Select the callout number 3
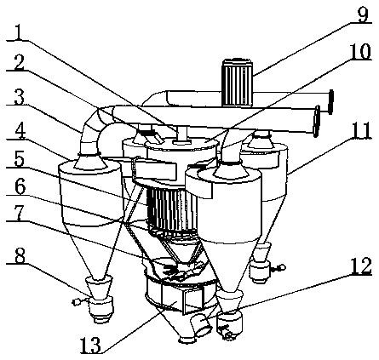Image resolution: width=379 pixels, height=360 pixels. pos(19,96)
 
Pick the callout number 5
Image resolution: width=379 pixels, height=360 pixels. pos(19,159)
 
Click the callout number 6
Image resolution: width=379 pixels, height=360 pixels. pos(19,186)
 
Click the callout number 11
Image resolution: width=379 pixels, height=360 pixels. pos(360,130)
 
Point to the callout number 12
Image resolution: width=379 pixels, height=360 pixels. pos(360,266)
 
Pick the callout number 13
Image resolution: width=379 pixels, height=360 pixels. pos(90,345)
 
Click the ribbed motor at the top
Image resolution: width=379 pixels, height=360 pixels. pos(238,83)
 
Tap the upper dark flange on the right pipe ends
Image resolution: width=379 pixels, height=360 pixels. pos(330,102)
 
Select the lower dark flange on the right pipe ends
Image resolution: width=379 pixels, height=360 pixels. pos(316,121)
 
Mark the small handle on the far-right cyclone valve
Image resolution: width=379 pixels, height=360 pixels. pos(279,267)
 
